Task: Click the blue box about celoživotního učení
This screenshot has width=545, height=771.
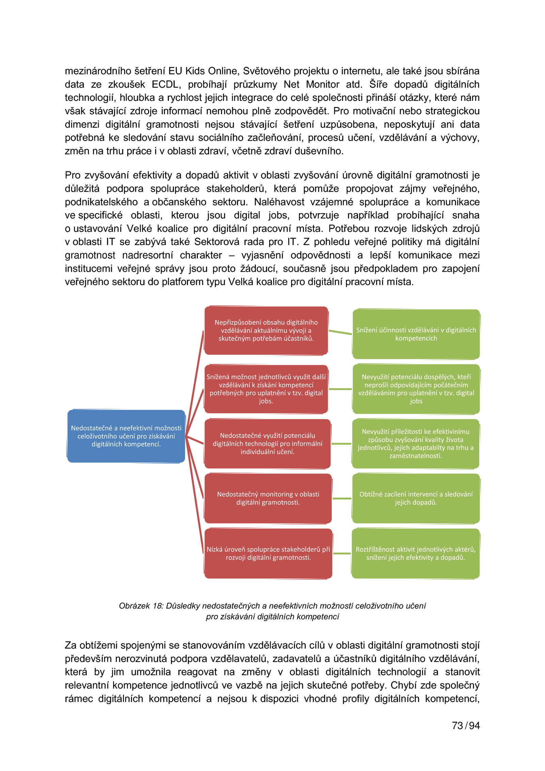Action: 126,436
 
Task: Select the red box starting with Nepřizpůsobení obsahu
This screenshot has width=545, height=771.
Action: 266,330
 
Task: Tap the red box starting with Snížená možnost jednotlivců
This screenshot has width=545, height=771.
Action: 266,389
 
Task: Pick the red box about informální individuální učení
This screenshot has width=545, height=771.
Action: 267,443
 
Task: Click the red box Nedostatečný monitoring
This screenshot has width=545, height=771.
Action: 268,498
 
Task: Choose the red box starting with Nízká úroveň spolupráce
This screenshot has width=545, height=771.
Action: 268,553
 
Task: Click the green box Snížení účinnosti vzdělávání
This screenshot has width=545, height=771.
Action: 416,334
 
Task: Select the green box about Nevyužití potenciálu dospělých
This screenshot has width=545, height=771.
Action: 416,389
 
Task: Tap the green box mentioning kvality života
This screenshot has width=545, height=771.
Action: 416,443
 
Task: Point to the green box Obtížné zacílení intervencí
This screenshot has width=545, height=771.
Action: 416,498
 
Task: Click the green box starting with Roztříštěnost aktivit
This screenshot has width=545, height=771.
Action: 416,553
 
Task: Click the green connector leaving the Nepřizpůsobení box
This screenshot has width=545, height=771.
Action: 340,332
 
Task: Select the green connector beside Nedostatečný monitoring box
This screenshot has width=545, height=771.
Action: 342,498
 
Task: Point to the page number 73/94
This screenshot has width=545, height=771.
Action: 465,725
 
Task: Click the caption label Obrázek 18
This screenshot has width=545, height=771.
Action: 141,606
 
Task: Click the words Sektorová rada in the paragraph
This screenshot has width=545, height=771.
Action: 228,242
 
